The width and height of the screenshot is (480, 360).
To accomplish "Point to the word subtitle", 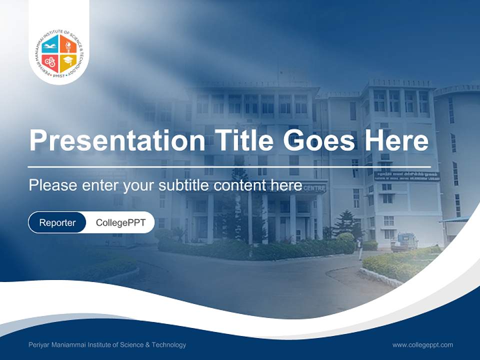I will tap(184, 185).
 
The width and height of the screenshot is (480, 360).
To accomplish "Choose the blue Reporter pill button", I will tap(57, 222).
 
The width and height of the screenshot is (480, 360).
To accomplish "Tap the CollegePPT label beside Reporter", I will tap(120, 222).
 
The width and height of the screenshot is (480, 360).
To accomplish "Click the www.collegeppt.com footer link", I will tap(422, 345).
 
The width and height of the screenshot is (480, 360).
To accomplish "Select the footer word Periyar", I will tap(39, 345).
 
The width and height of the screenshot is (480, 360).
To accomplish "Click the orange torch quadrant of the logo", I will tap(68, 45).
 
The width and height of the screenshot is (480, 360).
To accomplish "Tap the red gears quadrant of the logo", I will tap(50, 62).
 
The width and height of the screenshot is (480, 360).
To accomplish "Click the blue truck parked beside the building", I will tap(404, 242).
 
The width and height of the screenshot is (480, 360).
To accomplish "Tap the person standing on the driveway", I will tap(360, 248).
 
